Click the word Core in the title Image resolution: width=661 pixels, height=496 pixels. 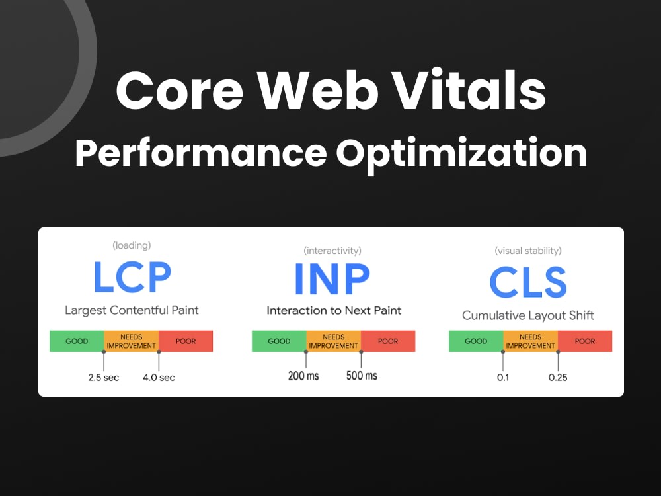click(180, 91)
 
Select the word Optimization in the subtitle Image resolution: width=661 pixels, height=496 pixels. click(461, 153)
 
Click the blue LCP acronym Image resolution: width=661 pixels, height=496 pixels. click(132, 276)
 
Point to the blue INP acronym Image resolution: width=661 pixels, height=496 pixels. click(332, 279)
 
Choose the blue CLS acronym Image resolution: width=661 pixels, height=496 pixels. click(527, 282)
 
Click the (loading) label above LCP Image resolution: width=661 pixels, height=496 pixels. click(132, 245)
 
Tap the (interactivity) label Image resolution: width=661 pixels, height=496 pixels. click(332, 251)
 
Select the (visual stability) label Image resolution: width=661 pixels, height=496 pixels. click(527, 251)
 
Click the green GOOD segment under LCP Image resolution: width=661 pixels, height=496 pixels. click(77, 341)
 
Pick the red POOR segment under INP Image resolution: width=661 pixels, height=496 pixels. click(388, 341)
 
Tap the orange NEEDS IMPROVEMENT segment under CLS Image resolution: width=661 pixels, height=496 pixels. click(530, 341)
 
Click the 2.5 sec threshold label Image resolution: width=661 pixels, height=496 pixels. click(104, 378)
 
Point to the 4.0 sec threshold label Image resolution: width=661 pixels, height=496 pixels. click(159, 378)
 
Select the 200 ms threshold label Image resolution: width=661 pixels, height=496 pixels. click(303, 376)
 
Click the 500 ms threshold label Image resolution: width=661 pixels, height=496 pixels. click(362, 376)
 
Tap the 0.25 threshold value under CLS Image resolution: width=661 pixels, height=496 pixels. click(558, 378)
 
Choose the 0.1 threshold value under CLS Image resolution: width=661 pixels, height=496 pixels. click(503, 378)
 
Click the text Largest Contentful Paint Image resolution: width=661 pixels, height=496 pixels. click(132, 310)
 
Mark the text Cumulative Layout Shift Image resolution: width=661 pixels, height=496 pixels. click(527, 315)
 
